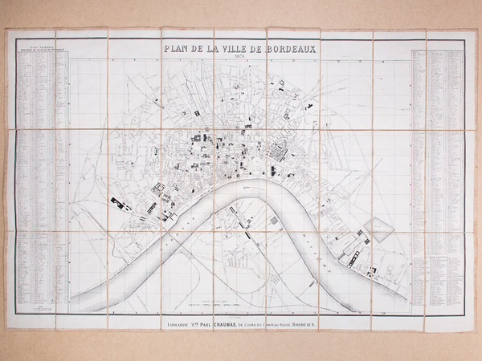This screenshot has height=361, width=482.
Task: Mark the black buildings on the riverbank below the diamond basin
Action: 351,256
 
